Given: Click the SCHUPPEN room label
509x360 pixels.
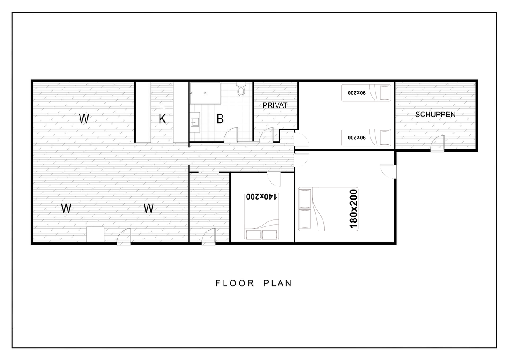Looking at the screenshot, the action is (x=435, y=115).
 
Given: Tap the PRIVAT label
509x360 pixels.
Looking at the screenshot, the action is (x=275, y=105).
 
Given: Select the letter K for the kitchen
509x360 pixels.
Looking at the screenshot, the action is (x=162, y=119).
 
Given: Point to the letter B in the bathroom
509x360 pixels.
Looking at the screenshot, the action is (x=220, y=119).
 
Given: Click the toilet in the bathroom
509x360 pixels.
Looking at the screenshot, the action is (x=241, y=89).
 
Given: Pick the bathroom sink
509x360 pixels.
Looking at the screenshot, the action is (x=195, y=122).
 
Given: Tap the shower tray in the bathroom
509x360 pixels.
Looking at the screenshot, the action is (x=205, y=93).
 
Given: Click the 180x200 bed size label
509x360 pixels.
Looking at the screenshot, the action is (x=353, y=209).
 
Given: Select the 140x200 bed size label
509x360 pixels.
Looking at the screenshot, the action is (x=262, y=196).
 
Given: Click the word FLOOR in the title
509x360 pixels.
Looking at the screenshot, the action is (x=235, y=283).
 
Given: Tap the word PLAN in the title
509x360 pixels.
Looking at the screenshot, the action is (x=278, y=283).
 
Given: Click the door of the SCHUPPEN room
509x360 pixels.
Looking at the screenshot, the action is (x=437, y=144).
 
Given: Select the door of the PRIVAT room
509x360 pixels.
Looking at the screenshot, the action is (x=266, y=135).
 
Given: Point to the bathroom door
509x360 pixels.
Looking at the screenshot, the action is (x=231, y=135).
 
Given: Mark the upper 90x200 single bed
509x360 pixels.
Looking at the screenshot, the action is (x=366, y=93).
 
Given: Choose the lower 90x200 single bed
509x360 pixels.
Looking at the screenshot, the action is (x=366, y=138).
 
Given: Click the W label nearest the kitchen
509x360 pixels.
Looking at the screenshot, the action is (x=84, y=119).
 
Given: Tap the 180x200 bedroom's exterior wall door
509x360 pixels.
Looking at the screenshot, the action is (x=388, y=171).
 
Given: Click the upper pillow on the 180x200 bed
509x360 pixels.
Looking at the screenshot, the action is (x=305, y=199).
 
